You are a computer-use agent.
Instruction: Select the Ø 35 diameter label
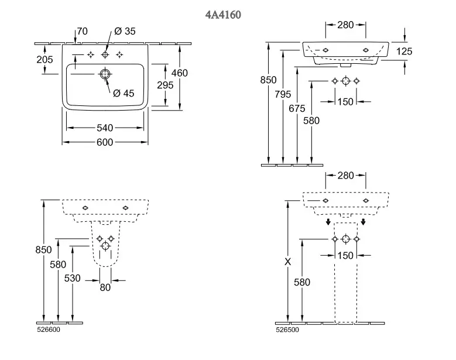[124, 31]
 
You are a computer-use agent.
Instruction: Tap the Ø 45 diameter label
[124, 92]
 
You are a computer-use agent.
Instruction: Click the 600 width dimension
[105, 142]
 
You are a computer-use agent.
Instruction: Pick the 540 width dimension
[105, 127]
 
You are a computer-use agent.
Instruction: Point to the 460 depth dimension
[180, 74]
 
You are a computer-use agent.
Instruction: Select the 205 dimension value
[44, 60]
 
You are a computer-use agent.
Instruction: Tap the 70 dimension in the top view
[82, 31]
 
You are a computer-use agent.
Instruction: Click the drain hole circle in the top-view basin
[105, 74]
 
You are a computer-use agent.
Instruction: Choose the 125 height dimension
[404, 52]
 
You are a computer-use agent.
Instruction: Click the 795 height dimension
[283, 94]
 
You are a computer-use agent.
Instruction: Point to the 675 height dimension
[297, 108]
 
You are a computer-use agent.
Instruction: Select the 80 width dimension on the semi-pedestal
[105, 288]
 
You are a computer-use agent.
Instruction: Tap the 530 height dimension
[72, 278]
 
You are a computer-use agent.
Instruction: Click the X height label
[287, 262]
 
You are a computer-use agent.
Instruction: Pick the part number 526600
[49, 330]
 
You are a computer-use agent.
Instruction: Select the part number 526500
[287, 330]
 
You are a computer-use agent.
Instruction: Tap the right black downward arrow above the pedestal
[364, 222]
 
